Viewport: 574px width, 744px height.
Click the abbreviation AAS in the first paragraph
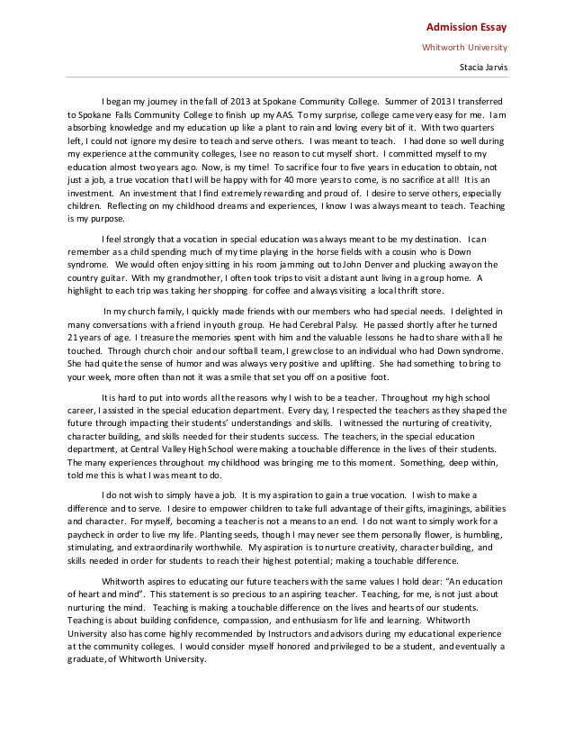(286, 115)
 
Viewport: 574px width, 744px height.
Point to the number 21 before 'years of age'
(74, 336)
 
